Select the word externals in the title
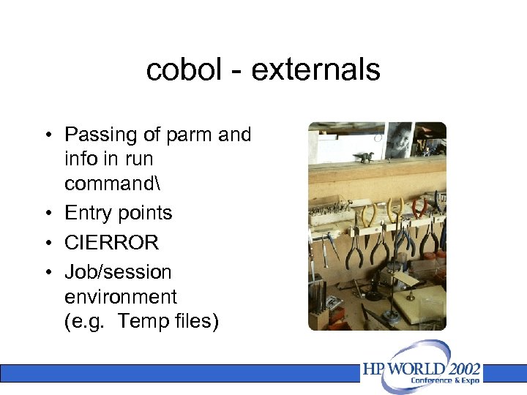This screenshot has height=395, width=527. coord(316,70)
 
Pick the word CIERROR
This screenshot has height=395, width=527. coord(111,242)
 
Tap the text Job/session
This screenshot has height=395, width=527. coord(118,272)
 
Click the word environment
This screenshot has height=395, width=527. coord(121,297)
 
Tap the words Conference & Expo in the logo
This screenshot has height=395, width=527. coord(445,380)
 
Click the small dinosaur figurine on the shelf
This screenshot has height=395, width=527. coord(363,156)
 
